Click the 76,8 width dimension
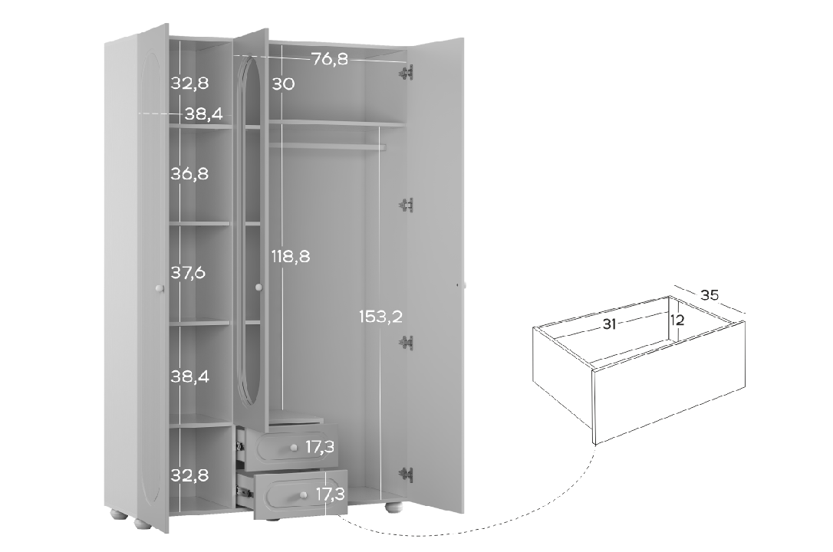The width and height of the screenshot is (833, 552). click(x=330, y=58)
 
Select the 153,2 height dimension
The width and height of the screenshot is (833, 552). click(x=380, y=317)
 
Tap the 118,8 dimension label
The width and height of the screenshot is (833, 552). click(x=291, y=257)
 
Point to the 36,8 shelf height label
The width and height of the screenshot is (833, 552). click(x=189, y=173)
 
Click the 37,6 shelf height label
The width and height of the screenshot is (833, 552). click(x=188, y=273)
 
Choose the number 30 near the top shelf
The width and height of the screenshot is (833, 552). click(x=283, y=84)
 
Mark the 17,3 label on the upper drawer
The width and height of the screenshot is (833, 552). click(x=320, y=447)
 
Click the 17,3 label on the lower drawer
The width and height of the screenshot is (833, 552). click(x=331, y=495)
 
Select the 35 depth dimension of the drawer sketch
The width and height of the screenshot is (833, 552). click(x=710, y=294)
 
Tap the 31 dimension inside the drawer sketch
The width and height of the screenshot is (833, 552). click(x=609, y=324)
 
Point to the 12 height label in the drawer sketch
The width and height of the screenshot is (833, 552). click(x=677, y=320)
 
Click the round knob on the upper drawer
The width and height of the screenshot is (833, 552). click(x=293, y=449)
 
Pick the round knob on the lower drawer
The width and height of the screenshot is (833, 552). click(x=303, y=495)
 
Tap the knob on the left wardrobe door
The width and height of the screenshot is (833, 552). click(x=159, y=288)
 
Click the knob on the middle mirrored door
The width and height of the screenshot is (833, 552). click(x=258, y=287)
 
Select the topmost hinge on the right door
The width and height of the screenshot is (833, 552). click(x=407, y=74)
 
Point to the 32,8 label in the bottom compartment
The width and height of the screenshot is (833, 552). click(x=189, y=475)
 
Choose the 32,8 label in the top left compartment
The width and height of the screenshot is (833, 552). click(x=189, y=84)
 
